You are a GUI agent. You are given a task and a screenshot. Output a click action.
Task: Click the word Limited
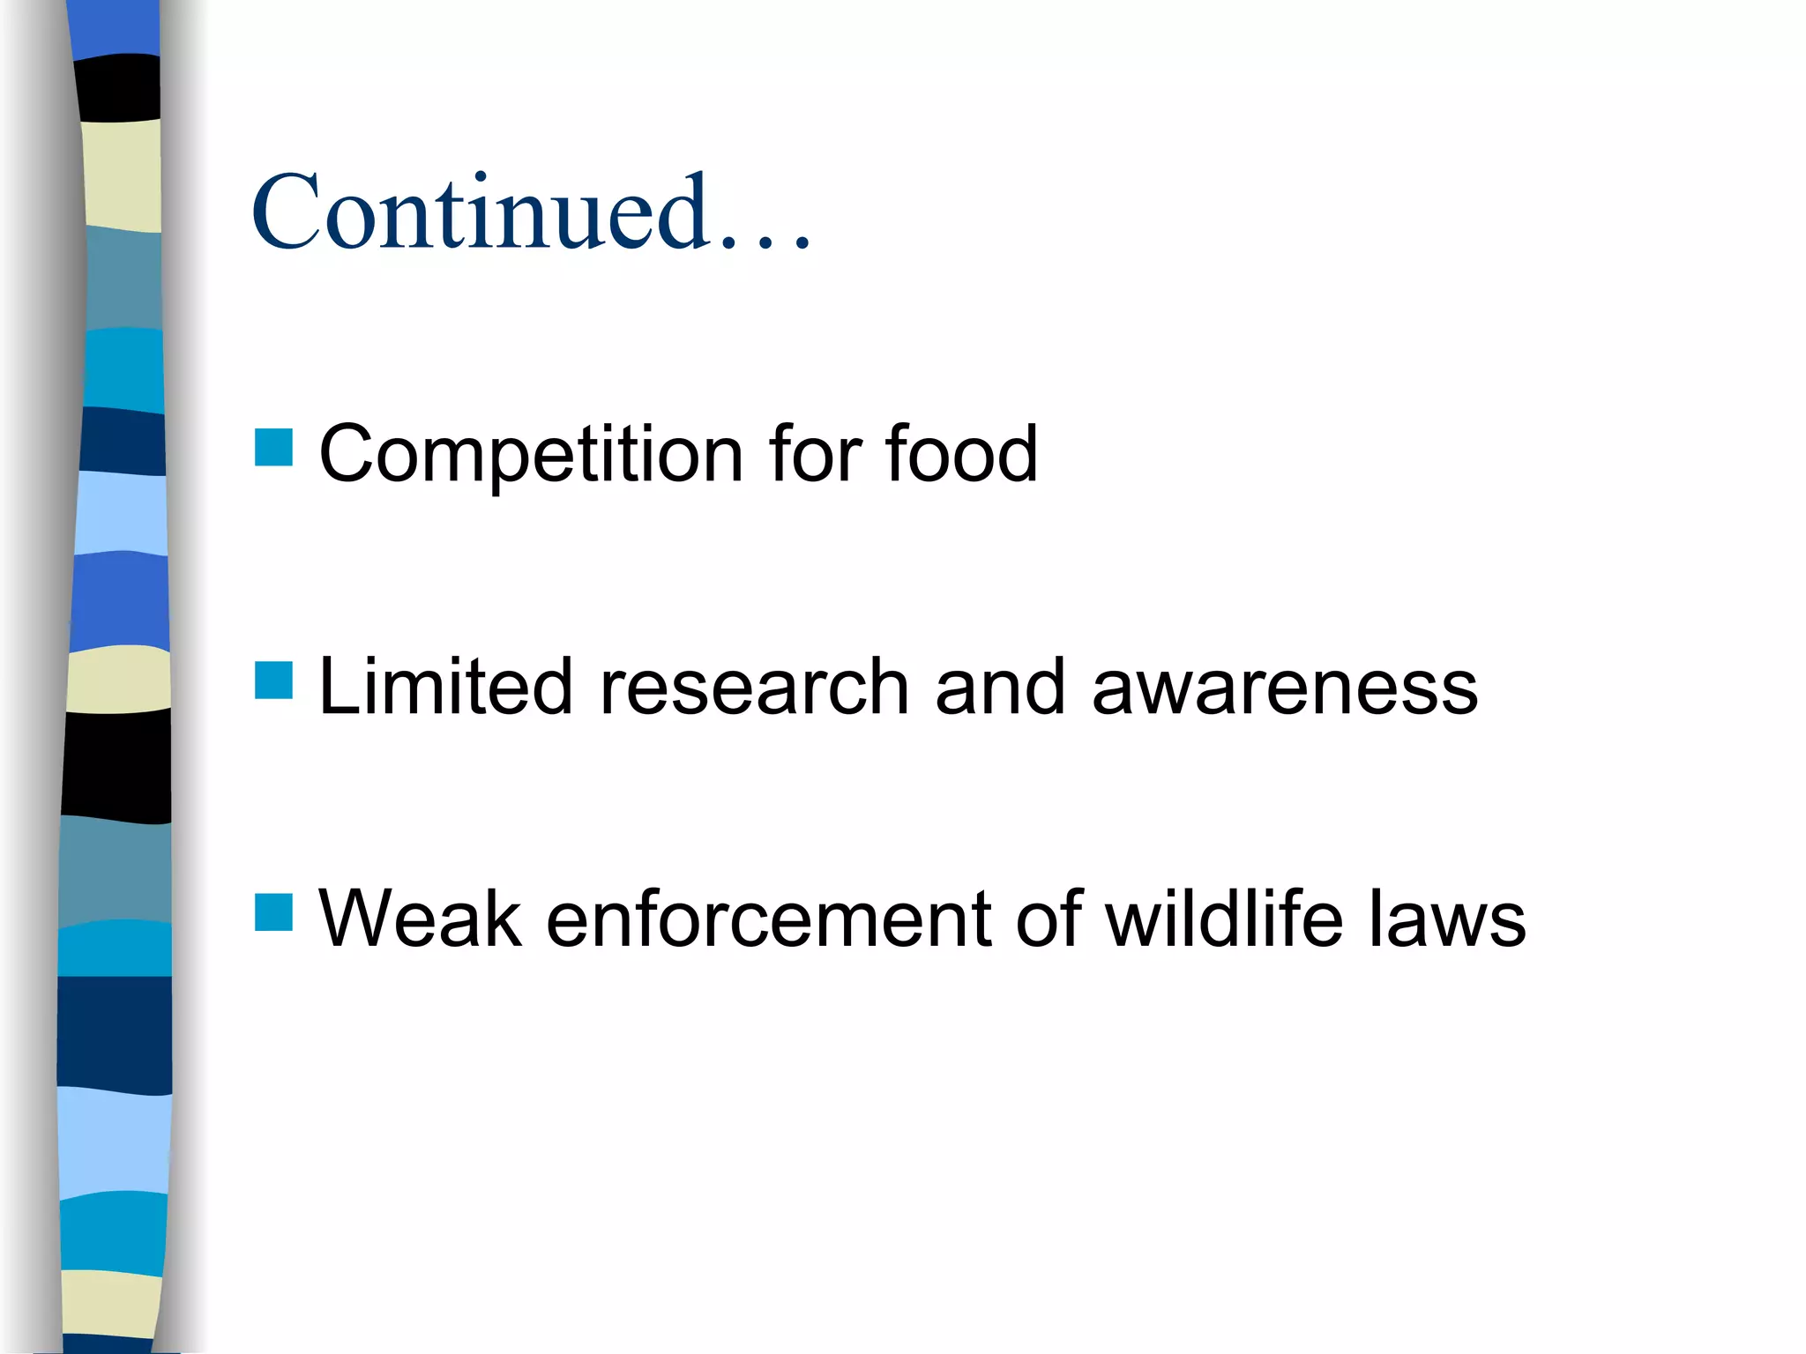(445, 687)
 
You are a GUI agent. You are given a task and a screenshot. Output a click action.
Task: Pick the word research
(754, 687)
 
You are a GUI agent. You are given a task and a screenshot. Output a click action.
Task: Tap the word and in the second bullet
(1000, 687)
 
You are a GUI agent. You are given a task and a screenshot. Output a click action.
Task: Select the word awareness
(1285, 687)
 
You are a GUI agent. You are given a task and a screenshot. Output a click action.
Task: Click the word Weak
(421, 919)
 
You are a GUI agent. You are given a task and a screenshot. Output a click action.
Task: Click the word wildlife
(1225, 919)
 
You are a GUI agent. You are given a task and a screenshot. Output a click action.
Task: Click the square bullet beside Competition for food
(273, 447)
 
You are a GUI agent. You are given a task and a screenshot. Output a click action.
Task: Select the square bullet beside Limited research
(273, 681)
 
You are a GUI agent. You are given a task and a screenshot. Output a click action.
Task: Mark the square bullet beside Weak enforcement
(273, 912)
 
